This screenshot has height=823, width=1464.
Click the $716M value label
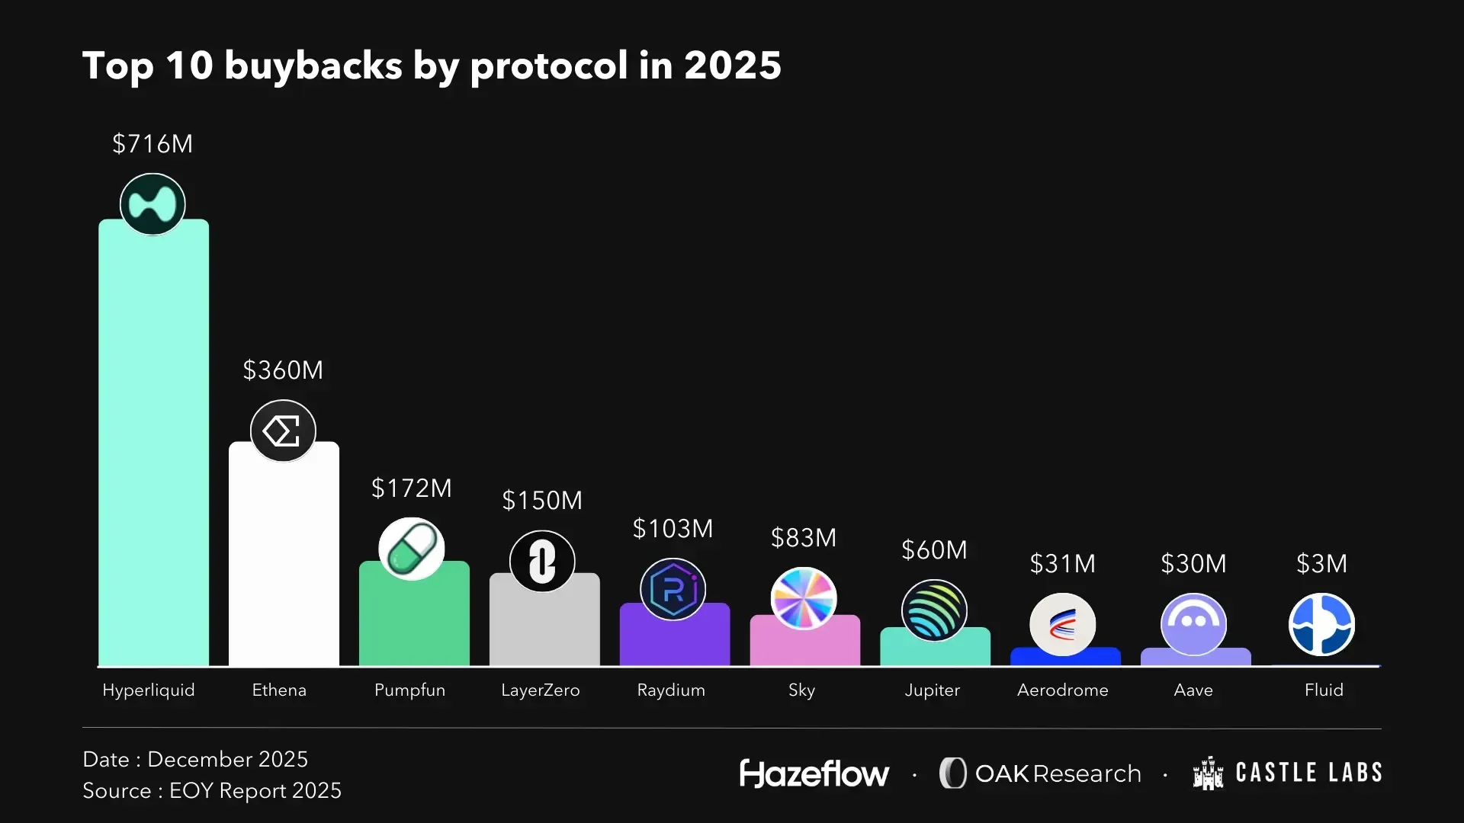coord(152,144)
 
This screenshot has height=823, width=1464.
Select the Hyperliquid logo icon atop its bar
coord(152,204)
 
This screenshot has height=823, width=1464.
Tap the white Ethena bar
coord(284,564)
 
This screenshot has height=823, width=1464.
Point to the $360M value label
coord(283,370)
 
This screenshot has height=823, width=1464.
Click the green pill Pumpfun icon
coord(412,549)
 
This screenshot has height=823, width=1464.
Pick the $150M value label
coord(542,501)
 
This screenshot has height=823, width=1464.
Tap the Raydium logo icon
coord(673,589)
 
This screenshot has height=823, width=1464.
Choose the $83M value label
coord(804,538)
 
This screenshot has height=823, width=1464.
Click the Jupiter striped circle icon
coord(934,610)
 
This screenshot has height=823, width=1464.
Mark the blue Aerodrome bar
coord(1065,658)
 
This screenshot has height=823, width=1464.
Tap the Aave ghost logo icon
coord(1193,624)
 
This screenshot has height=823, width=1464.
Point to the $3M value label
coord(1322,564)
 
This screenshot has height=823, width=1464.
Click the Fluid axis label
coord(1324,690)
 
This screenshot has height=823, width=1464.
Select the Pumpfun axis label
coord(409,690)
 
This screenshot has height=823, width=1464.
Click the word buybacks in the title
coord(313,66)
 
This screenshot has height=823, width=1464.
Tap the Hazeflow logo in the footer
coord(814,773)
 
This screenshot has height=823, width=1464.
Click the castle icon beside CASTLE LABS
coord(1208,773)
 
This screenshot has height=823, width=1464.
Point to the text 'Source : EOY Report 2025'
coord(212,791)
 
